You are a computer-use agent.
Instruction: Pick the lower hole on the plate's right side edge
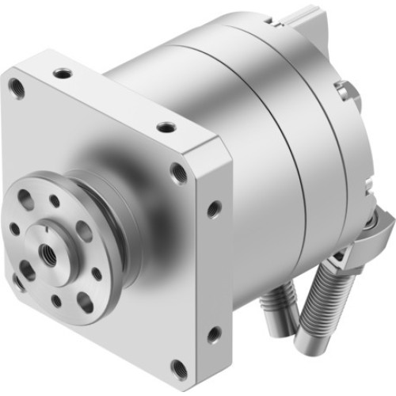[213, 334]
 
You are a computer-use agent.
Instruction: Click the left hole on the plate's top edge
[63, 73]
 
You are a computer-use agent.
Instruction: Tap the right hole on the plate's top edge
[165, 127]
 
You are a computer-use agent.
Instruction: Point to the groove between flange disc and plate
[119, 238]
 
